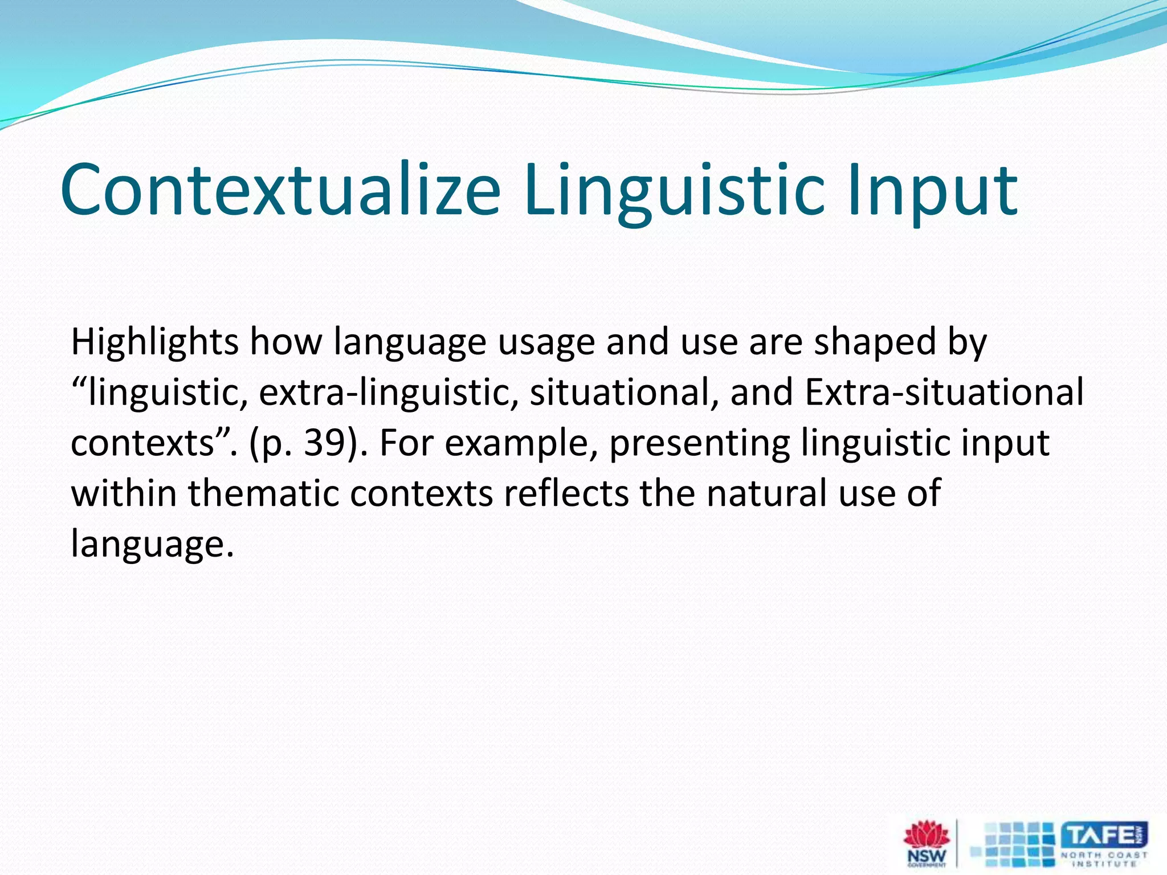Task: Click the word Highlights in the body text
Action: click(154, 342)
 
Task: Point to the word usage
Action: click(546, 342)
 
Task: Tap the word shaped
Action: click(875, 342)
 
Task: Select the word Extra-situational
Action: click(944, 392)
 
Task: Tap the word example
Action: click(521, 443)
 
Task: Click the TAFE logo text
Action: click(1103, 835)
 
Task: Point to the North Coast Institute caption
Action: click(1104, 859)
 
